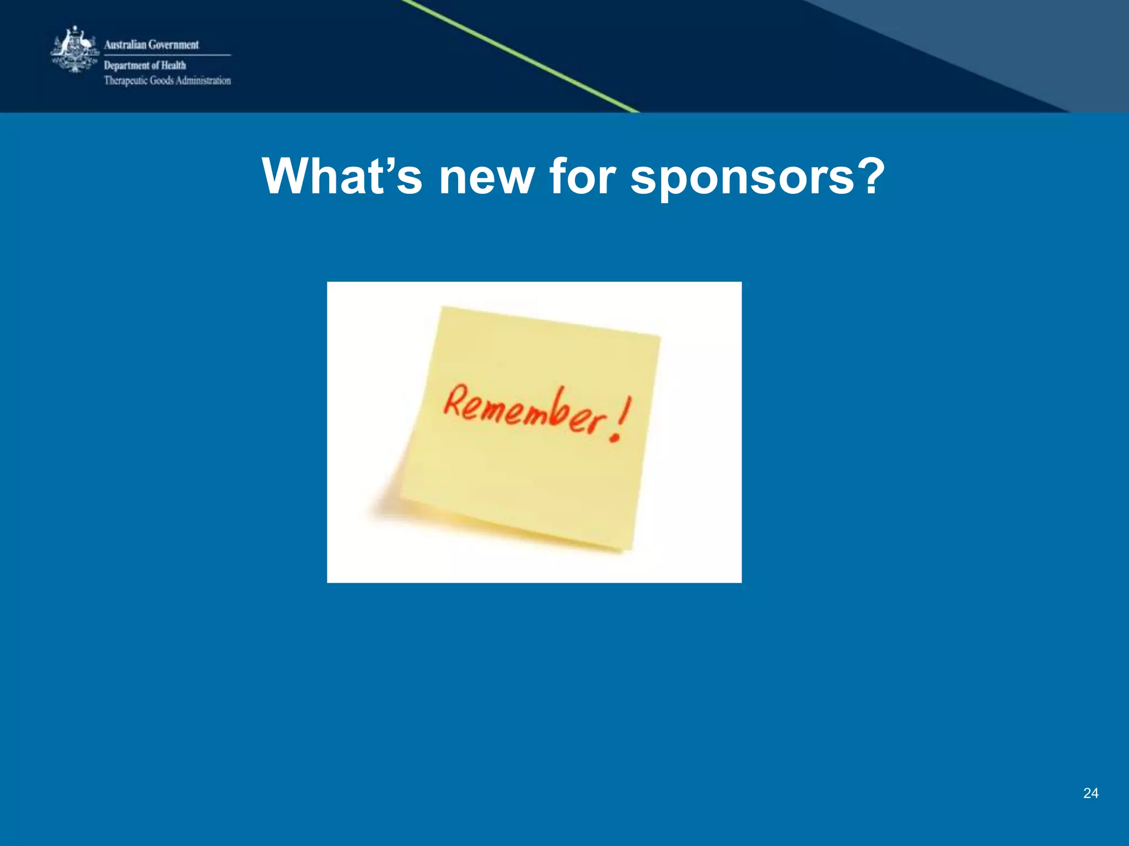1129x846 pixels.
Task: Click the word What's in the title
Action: pos(342,176)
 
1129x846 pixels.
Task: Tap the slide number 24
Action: pos(1090,793)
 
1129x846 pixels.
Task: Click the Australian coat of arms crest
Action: pos(74,50)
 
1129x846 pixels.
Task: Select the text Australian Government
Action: pos(151,45)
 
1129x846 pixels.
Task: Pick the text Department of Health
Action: pos(145,66)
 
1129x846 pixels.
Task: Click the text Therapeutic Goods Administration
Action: pos(168,80)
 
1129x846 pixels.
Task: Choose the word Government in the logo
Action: pos(173,45)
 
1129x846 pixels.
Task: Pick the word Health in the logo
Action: pos(173,66)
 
